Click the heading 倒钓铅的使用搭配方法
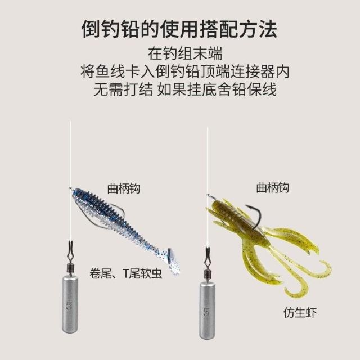click(179, 29)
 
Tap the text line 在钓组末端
click(185, 54)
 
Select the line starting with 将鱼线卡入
click(185, 71)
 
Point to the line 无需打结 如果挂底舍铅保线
click(185, 89)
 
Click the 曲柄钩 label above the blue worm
click(124, 189)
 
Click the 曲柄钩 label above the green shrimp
click(272, 187)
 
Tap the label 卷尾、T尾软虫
click(125, 273)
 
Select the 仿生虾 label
click(300, 313)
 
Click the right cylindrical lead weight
click(207, 310)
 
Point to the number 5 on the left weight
click(69, 305)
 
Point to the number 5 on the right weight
click(206, 311)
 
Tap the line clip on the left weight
click(70, 253)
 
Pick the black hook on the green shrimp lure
click(256, 215)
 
